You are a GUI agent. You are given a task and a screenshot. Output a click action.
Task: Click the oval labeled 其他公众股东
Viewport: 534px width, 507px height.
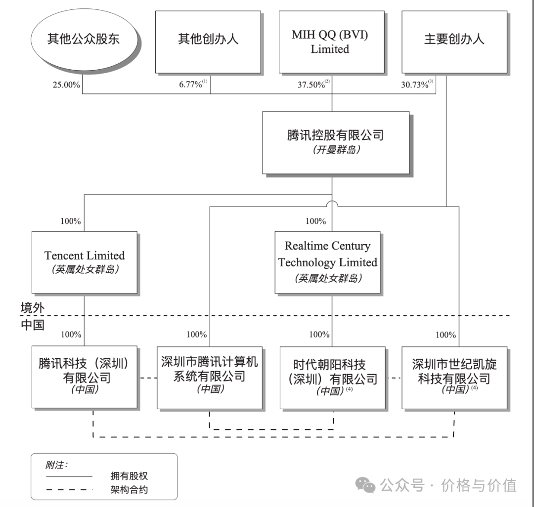[83, 39]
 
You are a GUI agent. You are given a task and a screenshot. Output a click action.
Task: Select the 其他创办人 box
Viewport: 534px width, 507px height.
[208, 42]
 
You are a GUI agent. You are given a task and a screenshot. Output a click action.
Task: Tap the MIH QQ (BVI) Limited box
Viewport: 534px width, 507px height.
[331, 42]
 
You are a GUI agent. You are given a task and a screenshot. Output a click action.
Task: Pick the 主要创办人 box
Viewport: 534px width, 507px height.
[454, 42]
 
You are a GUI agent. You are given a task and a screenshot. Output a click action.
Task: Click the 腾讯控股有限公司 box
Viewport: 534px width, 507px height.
[336, 142]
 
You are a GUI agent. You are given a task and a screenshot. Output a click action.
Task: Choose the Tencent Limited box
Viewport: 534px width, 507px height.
[85, 262]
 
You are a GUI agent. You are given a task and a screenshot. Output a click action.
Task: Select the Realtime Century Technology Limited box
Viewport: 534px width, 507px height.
[328, 262]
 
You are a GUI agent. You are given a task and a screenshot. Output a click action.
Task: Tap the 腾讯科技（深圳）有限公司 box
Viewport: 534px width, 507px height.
[84, 377]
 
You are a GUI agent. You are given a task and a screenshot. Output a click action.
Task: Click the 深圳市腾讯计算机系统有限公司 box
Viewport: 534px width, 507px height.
[210, 377]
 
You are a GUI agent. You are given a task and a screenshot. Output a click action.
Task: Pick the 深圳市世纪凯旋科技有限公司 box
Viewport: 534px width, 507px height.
[454, 377]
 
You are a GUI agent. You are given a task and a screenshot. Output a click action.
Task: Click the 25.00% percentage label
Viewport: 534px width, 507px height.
[66, 84]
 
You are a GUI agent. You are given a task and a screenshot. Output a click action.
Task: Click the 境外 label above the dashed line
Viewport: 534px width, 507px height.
[33, 308]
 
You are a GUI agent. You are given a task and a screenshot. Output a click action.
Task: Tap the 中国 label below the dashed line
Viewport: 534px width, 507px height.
[33, 324]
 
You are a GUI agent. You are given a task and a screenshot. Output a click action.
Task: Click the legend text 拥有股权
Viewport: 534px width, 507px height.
[129, 476]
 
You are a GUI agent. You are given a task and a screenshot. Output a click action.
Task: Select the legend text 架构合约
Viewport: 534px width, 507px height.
[129, 490]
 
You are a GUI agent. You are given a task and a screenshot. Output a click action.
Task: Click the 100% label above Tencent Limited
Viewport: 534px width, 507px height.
[71, 221]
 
